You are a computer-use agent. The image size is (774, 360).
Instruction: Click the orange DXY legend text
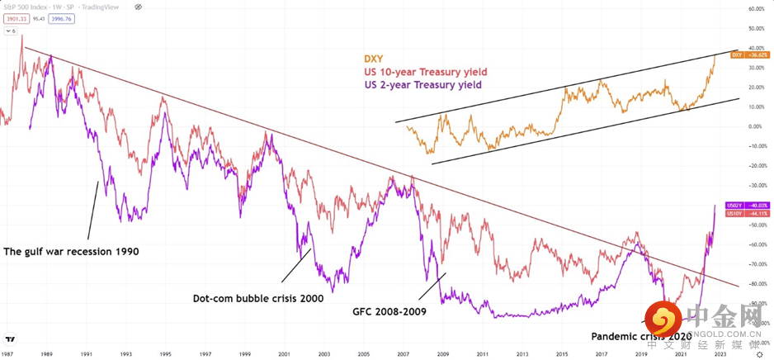click(x=376, y=59)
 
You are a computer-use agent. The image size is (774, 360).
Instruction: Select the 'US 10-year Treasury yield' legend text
click(x=422, y=72)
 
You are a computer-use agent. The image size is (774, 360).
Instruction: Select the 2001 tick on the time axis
click(x=283, y=353)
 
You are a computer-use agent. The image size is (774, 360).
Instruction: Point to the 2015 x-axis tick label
click(x=561, y=353)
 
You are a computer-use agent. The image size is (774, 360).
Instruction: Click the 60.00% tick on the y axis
click(x=757, y=9)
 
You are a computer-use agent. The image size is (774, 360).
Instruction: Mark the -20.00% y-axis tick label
click(x=756, y=166)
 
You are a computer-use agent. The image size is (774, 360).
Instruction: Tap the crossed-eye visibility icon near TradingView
click(x=137, y=6)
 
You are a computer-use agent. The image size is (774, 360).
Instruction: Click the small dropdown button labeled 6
click(x=12, y=31)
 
